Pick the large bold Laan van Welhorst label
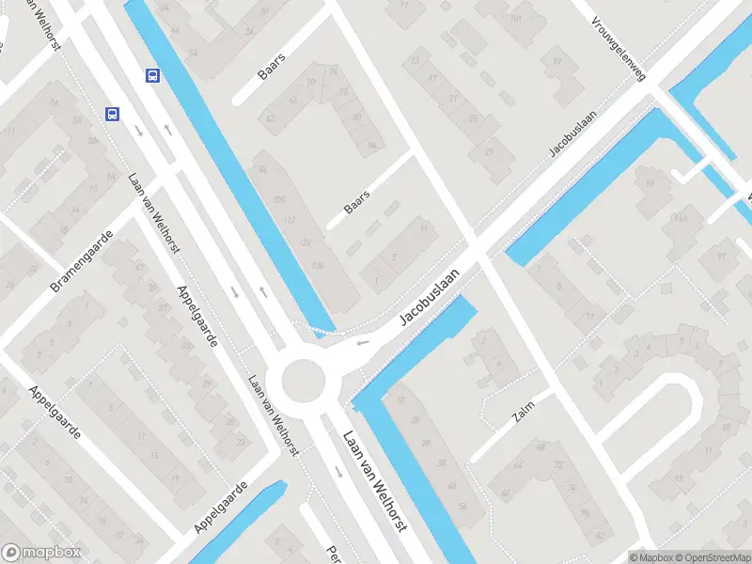pyautogui.click(x=374, y=480)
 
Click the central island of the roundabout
pyautogui.click(x=302, y=380)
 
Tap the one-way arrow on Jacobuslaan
pyautogui.click(x=362, y=342)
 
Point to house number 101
pyautogui.click(x=515, y=18)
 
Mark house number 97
pyautogui.click(x=557, y=62)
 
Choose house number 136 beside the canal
pyautogui.click(x=317, y=264)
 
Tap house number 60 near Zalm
pyautogui.click(x=506, y=493)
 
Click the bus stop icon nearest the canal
pyautogui.click(x=151, y=75)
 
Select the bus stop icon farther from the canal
pyautogui.click(x=112, y=114)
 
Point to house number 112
pyautogui.click(x=290, y=220)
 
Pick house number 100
pyautogui.click(x=278, y=200)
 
